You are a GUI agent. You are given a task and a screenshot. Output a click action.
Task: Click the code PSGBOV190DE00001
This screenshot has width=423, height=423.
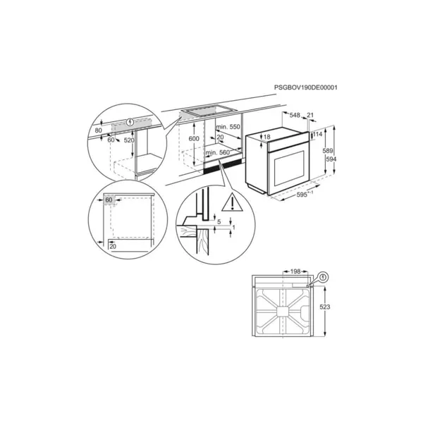[x=306, y=87]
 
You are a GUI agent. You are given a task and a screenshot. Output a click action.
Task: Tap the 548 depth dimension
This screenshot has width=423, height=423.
[x=295, y=115]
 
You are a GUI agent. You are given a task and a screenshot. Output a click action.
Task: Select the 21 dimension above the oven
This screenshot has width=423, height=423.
[x=310, y=115]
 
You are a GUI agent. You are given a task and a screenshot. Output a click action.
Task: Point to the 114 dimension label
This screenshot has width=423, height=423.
[x=317, y=134]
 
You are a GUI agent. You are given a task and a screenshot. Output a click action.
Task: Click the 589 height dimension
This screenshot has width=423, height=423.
[x=328, y=151]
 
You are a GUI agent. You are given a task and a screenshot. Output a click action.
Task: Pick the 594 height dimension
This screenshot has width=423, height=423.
[x=331, y=159]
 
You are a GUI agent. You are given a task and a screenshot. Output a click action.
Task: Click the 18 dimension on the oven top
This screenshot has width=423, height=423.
[x=266, y=137]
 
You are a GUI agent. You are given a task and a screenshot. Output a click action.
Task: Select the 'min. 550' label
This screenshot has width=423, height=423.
[x=228, y=127]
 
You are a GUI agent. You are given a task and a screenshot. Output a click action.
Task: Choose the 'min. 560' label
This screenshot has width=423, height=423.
[x=218, y=153]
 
